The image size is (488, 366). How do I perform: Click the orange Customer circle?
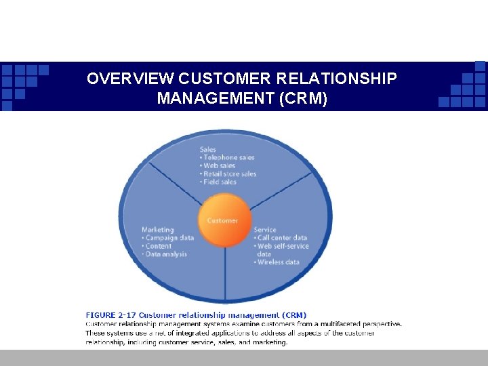[x=223, y=220]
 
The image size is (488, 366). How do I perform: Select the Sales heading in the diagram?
[x=208, y=150]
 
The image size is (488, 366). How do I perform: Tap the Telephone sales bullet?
[x=228, y=158]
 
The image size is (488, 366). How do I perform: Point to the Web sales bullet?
[x=218, y=166]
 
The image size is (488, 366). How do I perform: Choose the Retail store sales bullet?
[x=229, y=174]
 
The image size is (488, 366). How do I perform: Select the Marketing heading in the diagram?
[x=157, y=230]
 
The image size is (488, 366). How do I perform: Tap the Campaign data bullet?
[x=167, y=238]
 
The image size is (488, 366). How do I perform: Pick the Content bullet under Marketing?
[x=157, y=246]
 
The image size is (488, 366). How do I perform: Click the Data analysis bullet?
[x=164, y=254]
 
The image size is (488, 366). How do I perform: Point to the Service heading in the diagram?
[x=265, y=230]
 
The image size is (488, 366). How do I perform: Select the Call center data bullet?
[x=281, y=238]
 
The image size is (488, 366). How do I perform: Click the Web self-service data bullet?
[x=281, y=249]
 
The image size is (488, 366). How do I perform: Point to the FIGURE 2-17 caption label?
[x=110, y=315]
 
